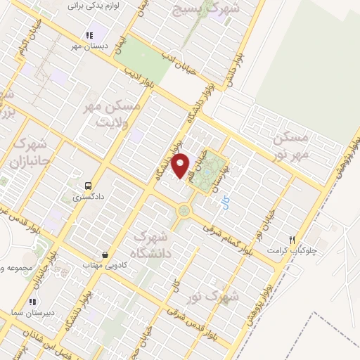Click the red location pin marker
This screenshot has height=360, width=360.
tap(181, 165)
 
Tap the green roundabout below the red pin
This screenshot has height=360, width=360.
tap(184, 210)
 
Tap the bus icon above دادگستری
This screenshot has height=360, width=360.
tap(87, 186)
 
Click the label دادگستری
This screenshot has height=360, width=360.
tap(87, 198)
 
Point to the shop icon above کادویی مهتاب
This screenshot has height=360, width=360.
tap(105, 254)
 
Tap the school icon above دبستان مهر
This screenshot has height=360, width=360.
tap(89, 35)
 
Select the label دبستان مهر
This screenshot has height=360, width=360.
tap(89, 46)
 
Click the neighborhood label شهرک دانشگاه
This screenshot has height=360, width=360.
tap(150, 243)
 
